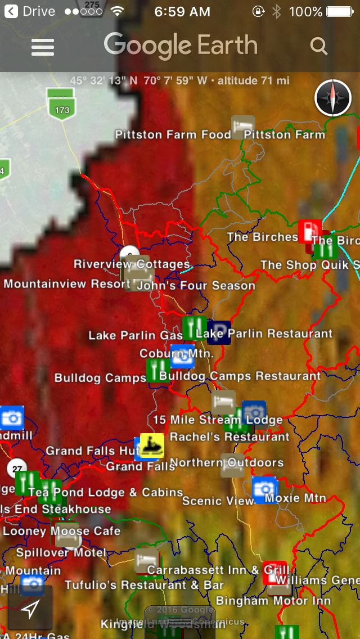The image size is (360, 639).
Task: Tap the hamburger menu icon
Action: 43,47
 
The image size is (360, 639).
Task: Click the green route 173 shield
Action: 62,107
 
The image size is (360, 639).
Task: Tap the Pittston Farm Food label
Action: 173,134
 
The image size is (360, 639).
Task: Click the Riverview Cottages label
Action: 132,264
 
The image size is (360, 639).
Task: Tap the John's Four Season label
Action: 196,286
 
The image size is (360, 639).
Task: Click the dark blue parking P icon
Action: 219,332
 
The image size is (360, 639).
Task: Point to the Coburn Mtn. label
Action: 177,354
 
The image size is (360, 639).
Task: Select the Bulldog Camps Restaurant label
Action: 240,376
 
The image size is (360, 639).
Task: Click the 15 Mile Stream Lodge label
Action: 218,420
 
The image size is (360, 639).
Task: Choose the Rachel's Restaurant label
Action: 229,437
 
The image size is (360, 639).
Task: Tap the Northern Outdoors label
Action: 227,463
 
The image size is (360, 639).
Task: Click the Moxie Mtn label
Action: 295,498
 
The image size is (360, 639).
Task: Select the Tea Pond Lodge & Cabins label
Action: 106,493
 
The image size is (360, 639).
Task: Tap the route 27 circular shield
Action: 16,468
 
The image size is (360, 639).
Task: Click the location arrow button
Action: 30,607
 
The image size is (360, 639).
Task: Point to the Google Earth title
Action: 181,46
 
